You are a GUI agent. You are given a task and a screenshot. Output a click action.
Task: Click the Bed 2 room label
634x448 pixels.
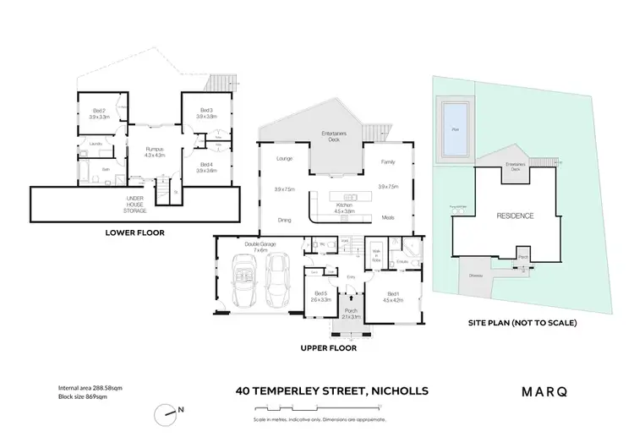[x=100, y=113]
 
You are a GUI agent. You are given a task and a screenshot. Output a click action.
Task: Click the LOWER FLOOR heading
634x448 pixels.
[x=135, y=232]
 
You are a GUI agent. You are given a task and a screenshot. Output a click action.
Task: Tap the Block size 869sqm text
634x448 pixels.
[x=75, y=396]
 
